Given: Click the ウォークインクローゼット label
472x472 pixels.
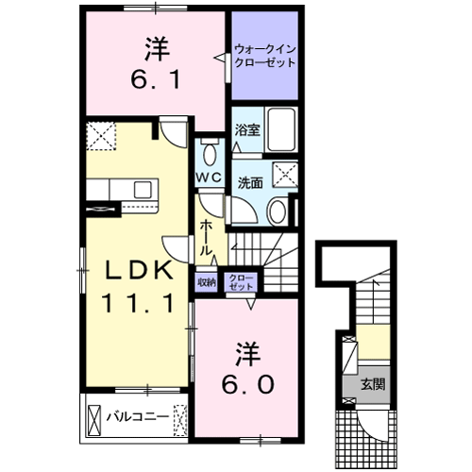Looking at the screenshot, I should [x=264, y=55].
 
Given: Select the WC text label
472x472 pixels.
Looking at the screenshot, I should [x=209, y=177].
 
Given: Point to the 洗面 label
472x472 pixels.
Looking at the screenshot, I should [x=250, y=182].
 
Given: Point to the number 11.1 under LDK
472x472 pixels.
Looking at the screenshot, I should [x=137, y=304].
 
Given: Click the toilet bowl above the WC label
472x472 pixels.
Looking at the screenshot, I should [x=210, y=153].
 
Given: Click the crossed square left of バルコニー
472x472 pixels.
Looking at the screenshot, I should [x=94, y=415].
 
